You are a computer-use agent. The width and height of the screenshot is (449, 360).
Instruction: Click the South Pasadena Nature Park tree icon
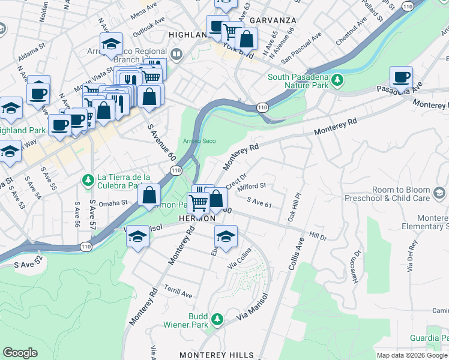pos(337,80)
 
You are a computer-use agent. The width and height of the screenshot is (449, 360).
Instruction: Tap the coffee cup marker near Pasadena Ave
pos(401,77)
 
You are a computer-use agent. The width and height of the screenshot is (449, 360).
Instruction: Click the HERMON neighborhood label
pos(197,220)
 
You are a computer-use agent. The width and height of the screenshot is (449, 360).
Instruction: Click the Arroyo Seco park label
pos(199,142)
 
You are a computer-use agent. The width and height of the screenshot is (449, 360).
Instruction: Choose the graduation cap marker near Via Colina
pos(226,236)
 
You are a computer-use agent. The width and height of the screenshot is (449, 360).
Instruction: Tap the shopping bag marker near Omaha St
pos(149,194)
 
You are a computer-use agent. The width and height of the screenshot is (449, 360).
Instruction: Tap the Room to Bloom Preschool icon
pos(439,193)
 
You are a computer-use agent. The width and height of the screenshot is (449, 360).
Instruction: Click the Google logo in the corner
pos(20,353)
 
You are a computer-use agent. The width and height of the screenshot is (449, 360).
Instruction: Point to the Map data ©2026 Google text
pos(412,355)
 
